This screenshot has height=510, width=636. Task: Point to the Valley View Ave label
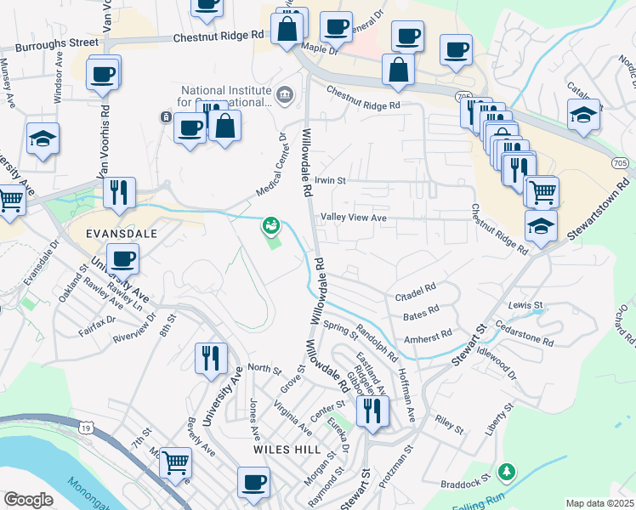(x=354, y=218)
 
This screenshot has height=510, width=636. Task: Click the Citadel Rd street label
(x=416, y=296)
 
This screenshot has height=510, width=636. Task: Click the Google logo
(x=28, y=500)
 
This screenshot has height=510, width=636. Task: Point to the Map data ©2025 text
(x=600, y=503)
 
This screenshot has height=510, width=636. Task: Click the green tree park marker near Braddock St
(x=507, y=470)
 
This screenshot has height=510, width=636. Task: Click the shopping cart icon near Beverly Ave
(x=176, y=462)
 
